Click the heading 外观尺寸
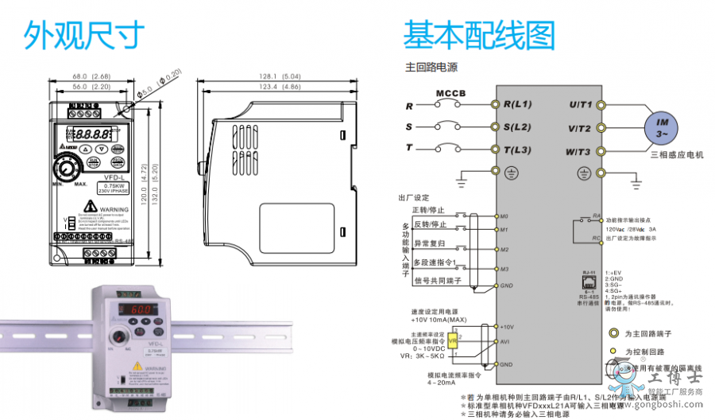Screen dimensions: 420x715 [x=83, y=36]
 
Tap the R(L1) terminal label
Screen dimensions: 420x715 [x=517, y=104]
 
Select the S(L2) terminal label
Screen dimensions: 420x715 [x=517, y=126]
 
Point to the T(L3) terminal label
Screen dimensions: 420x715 [x=517, y=149]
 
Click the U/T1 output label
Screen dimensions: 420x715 [x=580, y=104]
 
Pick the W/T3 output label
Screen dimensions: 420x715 [x=579, y=150]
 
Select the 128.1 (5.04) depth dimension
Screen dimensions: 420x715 [x=279, y=76]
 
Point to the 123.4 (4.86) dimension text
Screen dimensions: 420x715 [x=279, y=86]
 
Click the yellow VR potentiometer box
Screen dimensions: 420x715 [x=453, y=339]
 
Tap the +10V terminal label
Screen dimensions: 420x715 [x=508, y=327]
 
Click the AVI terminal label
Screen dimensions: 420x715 [x=504, y=341]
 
